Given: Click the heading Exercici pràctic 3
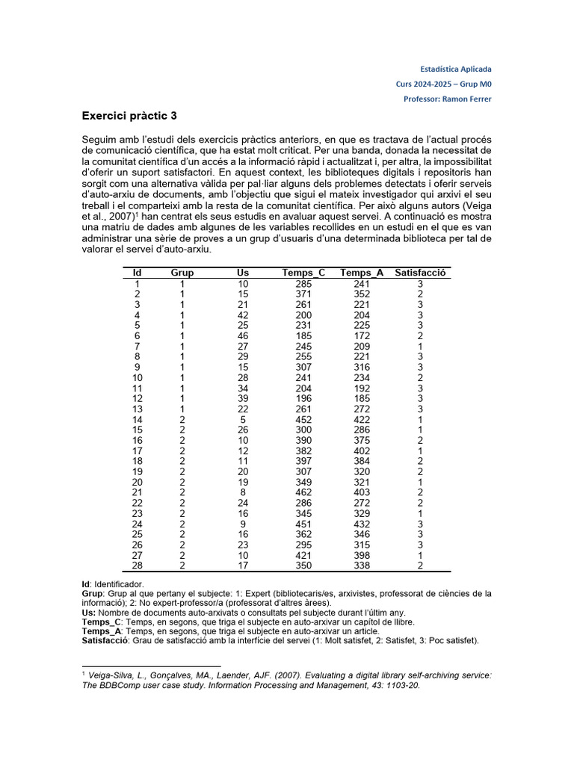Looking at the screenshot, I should point(129,117).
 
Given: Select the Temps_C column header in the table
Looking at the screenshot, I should point(303,273).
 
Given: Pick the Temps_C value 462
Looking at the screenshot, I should point(303,492).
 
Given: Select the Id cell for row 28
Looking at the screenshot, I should point(137,565).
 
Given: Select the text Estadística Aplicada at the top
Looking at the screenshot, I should point(456,69).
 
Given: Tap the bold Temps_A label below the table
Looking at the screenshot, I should point(102,631).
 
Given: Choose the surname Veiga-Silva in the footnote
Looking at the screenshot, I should point(114,675).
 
